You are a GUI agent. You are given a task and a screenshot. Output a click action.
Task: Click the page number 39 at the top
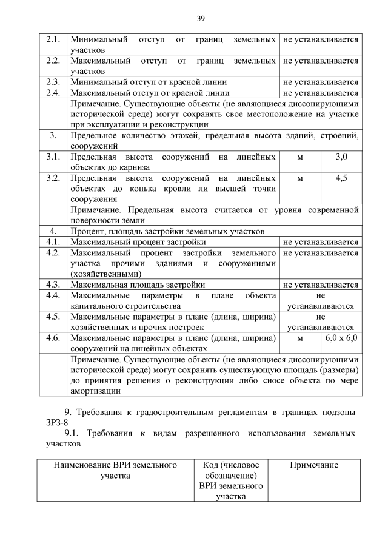click(201, 19)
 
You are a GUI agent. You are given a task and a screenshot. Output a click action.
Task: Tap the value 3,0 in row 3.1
click(341, 157)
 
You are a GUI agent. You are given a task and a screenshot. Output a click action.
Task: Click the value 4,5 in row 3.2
click(341, 178)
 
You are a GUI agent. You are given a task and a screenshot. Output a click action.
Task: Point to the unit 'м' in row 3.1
click(299, 157)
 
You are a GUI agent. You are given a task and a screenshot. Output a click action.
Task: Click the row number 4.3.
click(53, 284)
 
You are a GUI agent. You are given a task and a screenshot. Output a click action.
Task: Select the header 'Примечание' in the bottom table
click(313, 465)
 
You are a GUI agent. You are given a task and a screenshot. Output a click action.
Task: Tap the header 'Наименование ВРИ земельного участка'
click(115, 470)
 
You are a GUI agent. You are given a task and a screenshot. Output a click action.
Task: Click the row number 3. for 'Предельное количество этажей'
click(53, 136)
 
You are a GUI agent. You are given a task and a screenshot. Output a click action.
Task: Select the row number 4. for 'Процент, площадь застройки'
click(53, 231)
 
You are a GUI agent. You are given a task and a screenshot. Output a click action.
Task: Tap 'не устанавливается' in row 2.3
click(320, 82)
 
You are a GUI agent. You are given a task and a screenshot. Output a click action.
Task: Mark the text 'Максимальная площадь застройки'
click(138, 284)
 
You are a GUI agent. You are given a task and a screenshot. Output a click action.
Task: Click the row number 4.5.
click(53, 317)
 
